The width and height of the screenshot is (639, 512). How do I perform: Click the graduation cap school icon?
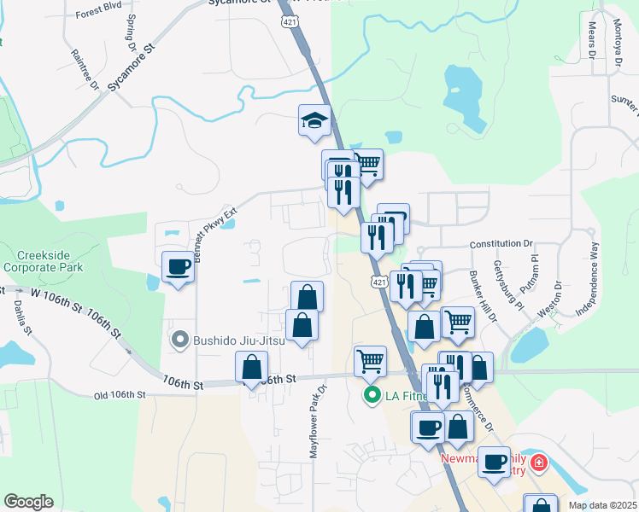[x=314, y=120]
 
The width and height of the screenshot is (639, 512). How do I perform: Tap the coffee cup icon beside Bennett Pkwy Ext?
[x=178, y=267]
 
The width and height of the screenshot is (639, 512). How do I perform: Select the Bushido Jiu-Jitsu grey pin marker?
[x=179, y=340]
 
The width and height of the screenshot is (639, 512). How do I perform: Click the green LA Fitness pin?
[x=372, y=395]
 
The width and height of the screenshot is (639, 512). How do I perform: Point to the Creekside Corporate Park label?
[x=51, y=262]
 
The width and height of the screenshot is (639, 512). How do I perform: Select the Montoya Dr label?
[x=615, y=40]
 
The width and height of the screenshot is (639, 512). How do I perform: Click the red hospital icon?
[x=538, y=463]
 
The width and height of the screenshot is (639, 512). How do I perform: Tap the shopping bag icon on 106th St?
[x=251, y=368]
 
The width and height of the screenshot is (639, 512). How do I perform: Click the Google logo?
[x=28, y=502]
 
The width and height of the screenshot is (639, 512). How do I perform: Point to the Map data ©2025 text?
[x=601, y=505]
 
